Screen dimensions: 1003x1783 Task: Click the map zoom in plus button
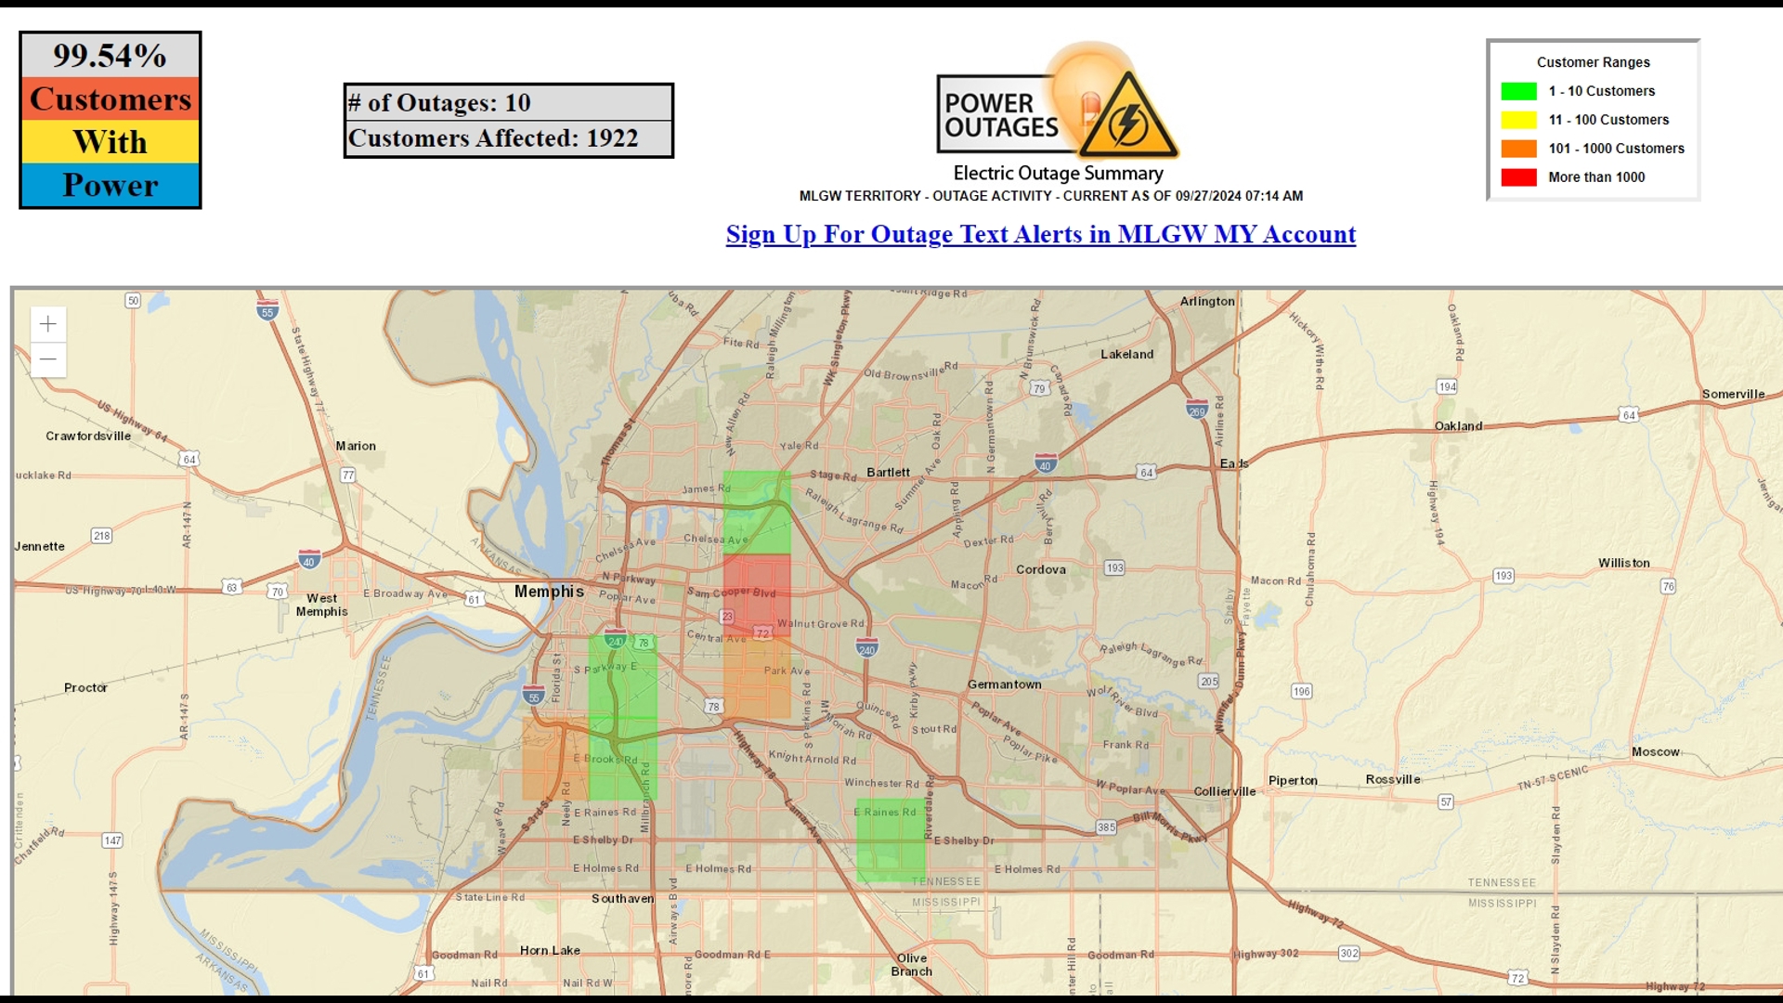[x=48, y=324]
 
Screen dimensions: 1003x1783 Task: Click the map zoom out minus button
[x=48, y=359]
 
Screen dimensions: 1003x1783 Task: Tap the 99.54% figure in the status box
[x=110, y=56]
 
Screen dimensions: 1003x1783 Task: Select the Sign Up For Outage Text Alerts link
[x=1040, y=234]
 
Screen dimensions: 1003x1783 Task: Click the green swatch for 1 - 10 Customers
[x=1518, y=91]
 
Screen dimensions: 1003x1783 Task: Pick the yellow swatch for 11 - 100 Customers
[x=1518, y=120]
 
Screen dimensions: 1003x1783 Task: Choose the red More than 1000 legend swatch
[x=1518, y=177]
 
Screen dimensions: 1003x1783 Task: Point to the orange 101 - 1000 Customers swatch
[x=1518, y=149]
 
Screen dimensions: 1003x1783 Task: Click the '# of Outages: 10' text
[x=440, y=103]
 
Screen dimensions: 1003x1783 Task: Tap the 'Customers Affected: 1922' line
[x=493, y=138]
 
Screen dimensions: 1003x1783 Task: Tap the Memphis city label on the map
[x=549, y=592]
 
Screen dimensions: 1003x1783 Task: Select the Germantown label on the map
[x=1004, y=684]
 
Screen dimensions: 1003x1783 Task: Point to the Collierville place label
[x=1224, y=791]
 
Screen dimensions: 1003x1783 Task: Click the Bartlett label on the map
[x=888, y=472]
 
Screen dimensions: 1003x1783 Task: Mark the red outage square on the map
[x=757, y=594]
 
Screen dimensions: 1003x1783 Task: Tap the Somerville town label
[x=1733, y=394]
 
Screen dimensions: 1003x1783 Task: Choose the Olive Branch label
[x=911, y=965]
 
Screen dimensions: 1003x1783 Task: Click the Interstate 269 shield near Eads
[x=1197, y=410]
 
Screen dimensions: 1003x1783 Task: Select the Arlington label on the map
[x=1207, y=301]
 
